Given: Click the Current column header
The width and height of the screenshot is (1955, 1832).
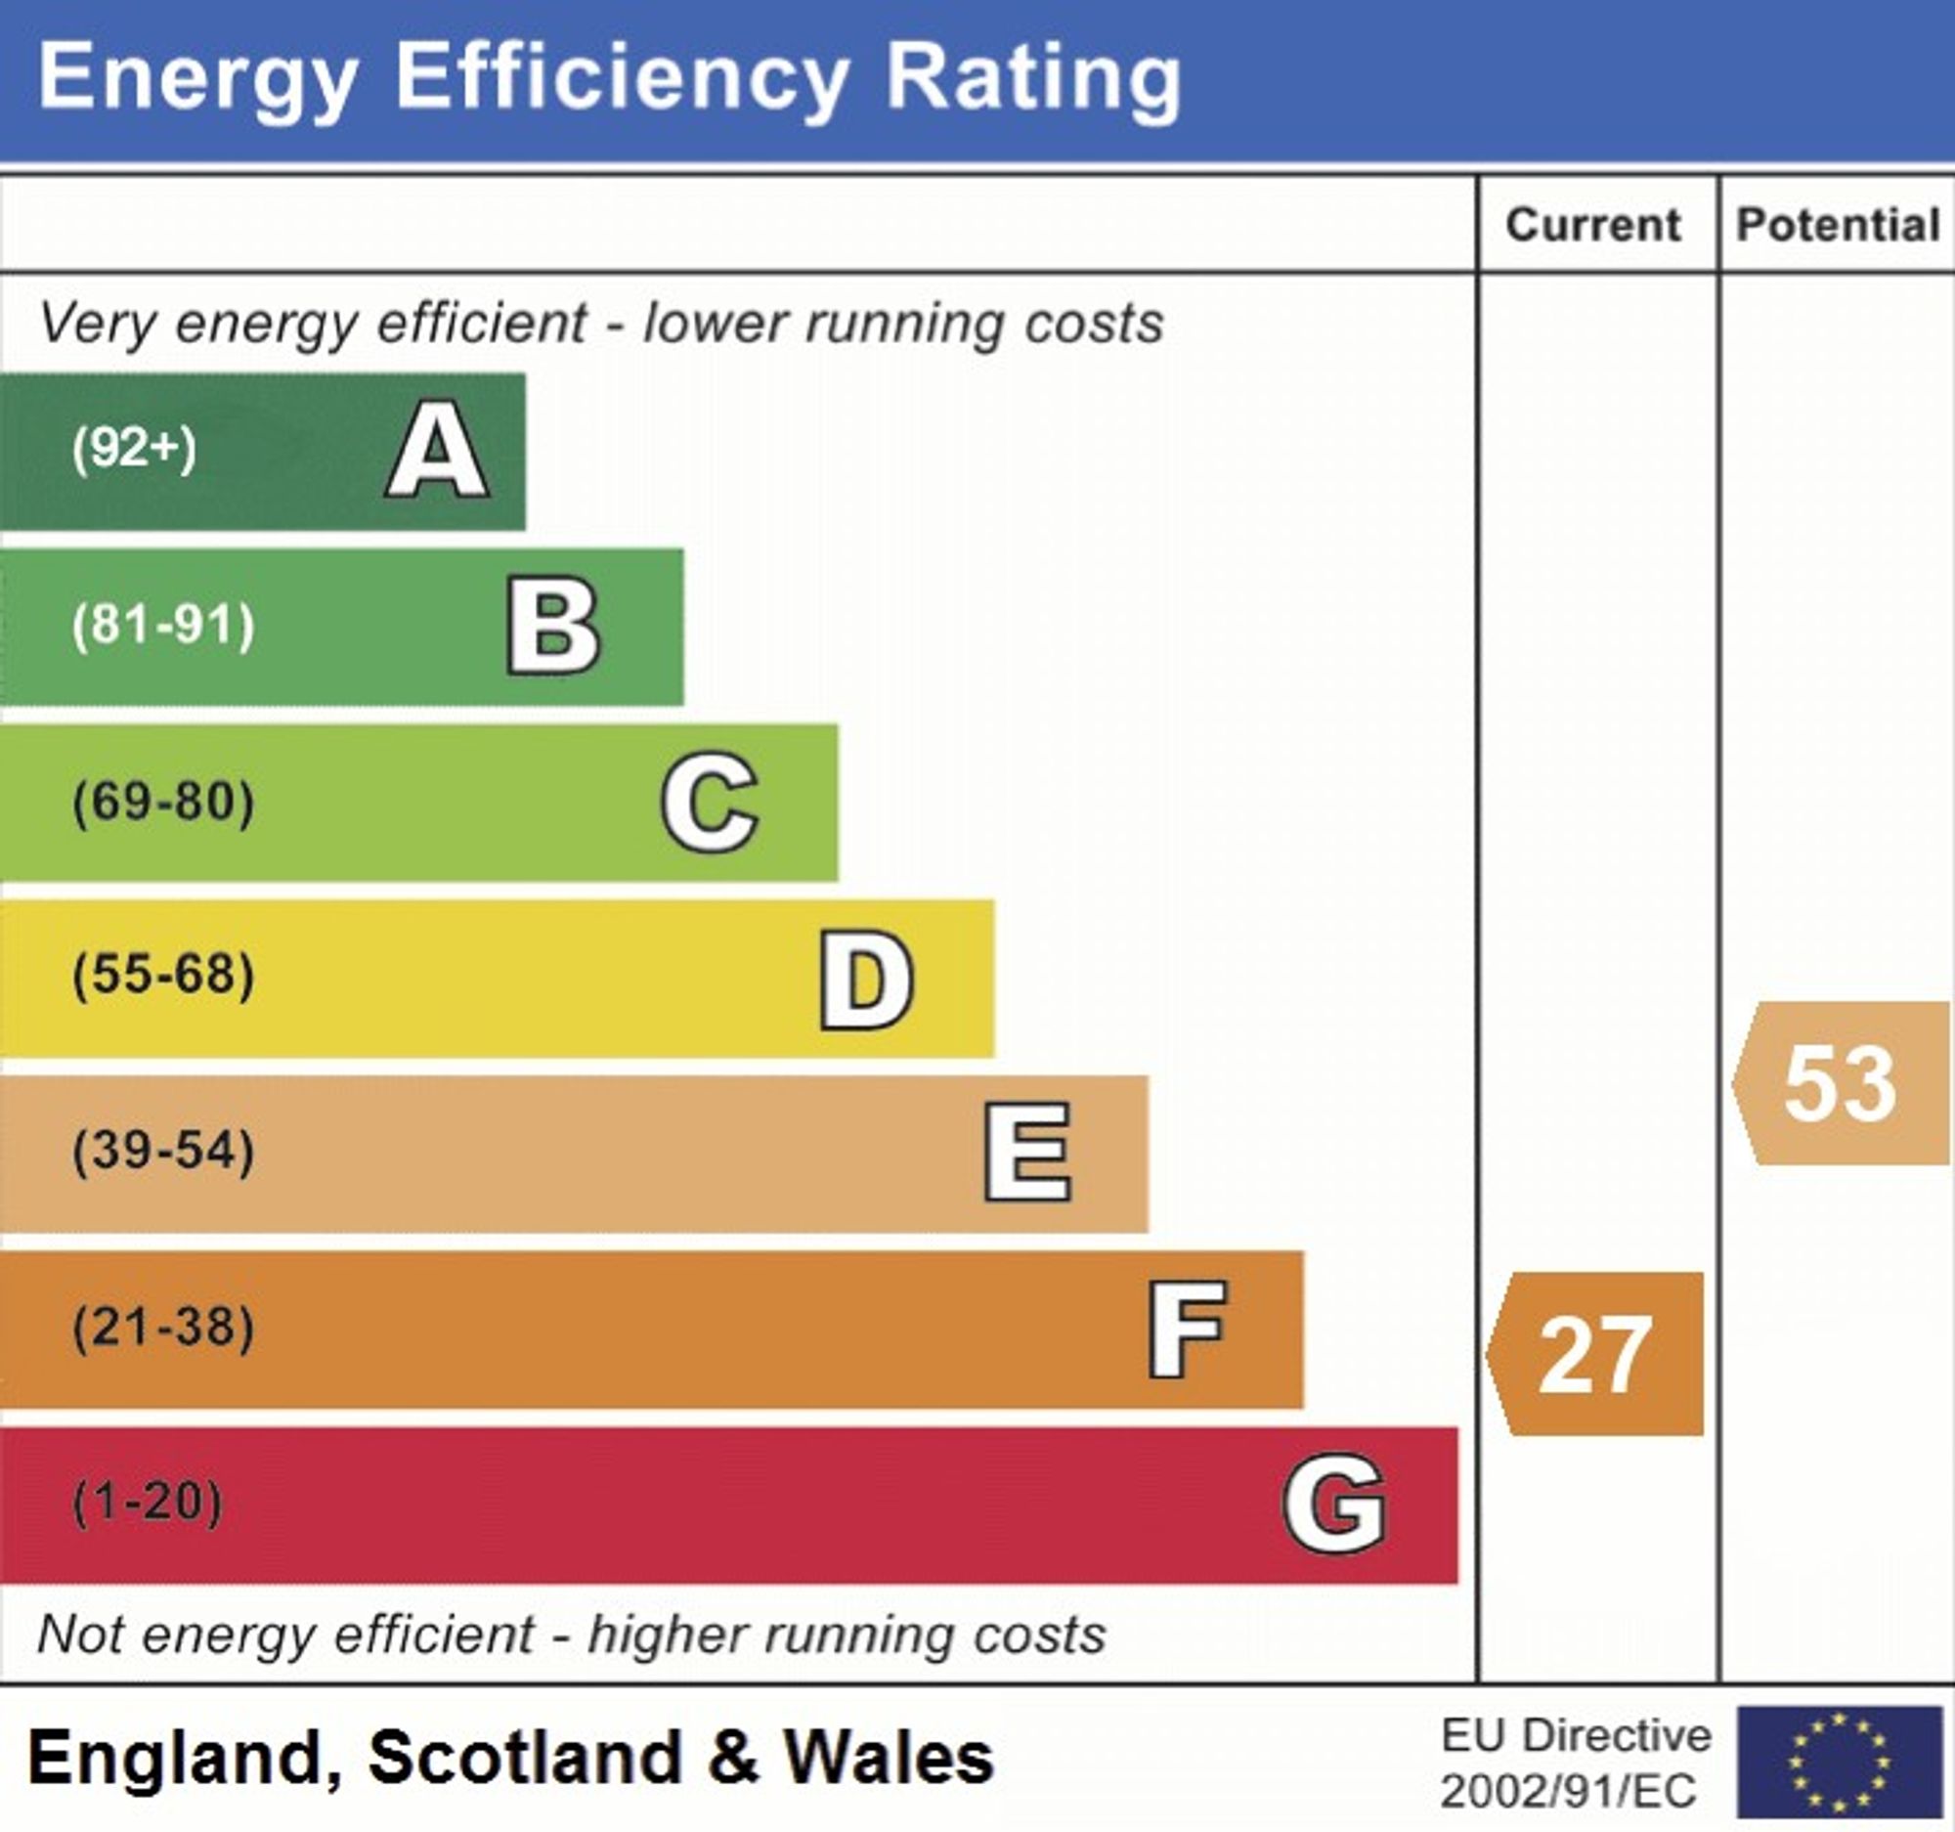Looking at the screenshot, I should (1593, 225).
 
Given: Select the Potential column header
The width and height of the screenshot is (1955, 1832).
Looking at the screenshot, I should (1837, 225).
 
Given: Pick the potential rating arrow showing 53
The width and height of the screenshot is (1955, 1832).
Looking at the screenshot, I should (1841, 1084).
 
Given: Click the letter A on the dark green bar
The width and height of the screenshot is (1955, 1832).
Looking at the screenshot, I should (437, 451).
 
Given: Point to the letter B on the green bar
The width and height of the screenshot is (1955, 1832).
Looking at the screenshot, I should (552, 627).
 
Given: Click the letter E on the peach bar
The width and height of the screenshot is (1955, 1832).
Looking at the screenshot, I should (1027, 1153).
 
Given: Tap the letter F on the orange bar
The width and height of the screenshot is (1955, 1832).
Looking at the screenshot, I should (1187, 1330).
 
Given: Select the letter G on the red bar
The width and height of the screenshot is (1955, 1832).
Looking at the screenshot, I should (1334, 1505).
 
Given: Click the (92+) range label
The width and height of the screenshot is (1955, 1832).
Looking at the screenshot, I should (135, 450).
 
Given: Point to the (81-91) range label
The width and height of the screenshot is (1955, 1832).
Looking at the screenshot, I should (163, 626).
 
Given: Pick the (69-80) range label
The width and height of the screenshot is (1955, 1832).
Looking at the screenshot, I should (163, 802).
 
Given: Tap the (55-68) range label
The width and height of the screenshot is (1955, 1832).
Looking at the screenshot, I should (163, 976).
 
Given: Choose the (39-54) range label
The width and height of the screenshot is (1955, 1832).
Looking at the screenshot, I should (163, 1152).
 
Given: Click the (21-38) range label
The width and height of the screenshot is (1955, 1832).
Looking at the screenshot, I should (163, 1328).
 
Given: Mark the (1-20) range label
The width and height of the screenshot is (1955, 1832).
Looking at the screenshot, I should (149, 1503).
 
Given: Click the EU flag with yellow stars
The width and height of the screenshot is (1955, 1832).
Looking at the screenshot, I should (1839, 1762).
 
